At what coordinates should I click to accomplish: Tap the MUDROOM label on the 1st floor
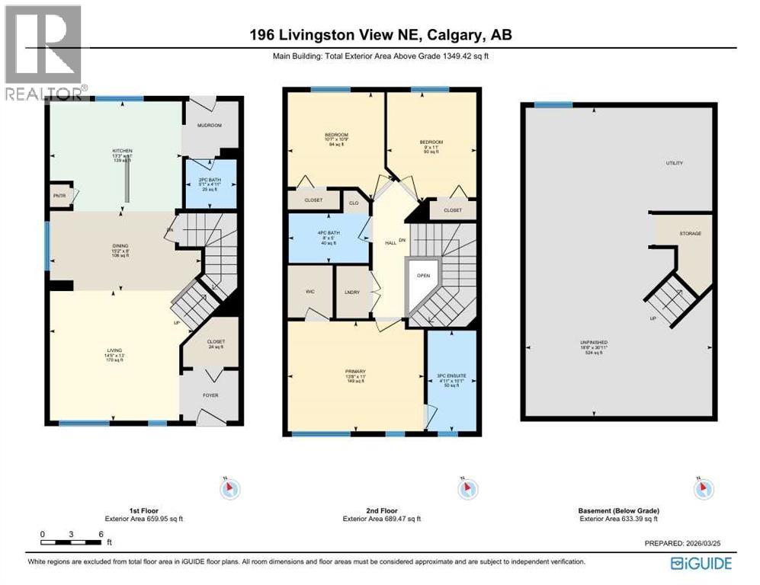(x=209, y=125)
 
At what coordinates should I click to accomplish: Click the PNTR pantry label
(x=59, y=196)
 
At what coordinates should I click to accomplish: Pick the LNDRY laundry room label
(x=352, y=292)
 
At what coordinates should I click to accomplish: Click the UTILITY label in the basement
(x=674, y=163)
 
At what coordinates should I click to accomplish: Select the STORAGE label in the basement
(x=691, y=234)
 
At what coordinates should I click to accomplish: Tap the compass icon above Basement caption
(x=699, y=488)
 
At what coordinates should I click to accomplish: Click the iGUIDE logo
(x=701, y=563)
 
